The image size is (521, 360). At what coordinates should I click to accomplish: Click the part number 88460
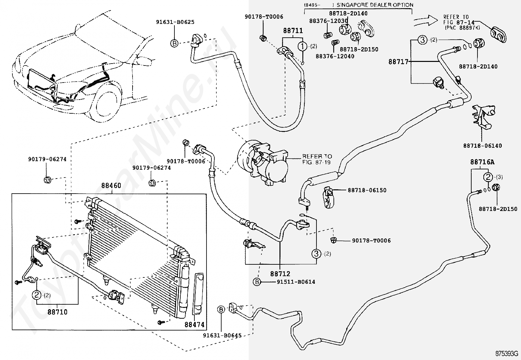point(111,186)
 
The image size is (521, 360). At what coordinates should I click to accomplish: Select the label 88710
point(58,312)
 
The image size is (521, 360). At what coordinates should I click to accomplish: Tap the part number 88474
point(194,324)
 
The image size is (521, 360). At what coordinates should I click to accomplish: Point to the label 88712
point(280,274)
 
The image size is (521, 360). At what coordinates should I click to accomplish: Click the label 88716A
point(482,162)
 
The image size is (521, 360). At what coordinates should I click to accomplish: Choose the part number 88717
point(398,62)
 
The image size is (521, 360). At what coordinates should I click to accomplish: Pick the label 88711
point(293,30)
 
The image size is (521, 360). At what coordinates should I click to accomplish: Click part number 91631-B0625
point(175,22)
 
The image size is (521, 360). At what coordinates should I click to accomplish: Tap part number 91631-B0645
point(222,335)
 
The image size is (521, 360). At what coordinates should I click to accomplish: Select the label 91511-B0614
point(296,282)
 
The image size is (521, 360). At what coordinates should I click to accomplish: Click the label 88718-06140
point(483,146)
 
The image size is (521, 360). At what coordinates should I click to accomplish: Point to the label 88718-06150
point(367,190)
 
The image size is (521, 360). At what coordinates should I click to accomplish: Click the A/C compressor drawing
point(262,162)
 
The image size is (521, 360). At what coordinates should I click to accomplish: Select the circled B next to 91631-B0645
point(221,310)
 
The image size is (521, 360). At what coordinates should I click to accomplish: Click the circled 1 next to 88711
point(302,46)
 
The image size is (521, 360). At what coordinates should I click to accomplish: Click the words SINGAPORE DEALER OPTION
point(375,5)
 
